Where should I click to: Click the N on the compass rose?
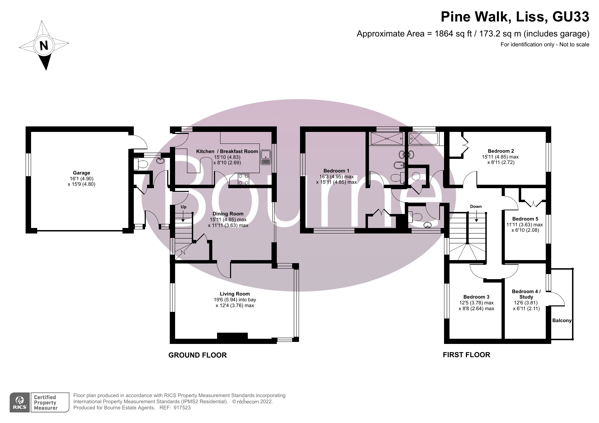(44, 45)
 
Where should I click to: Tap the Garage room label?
(81, 173)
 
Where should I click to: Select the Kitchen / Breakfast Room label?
(227, 151)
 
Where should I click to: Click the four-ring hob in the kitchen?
(243, 180)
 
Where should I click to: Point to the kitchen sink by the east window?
(265, 158)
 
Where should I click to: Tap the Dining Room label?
(228, 214)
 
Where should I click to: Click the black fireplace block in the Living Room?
(232, 336)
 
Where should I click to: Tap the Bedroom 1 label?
(336, 171)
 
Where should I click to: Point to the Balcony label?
(562, 320)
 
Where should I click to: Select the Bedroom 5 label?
(525, 219)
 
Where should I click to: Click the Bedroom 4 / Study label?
(526, 294)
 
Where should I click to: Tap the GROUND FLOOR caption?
(197, 355)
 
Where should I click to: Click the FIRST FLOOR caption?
(466, 355)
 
